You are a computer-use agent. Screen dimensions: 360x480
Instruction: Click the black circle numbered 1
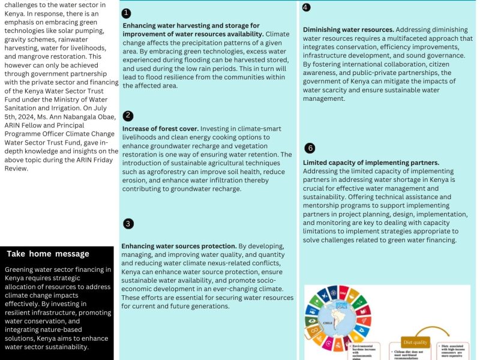pos(126,13)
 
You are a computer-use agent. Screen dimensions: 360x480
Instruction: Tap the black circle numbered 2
pos(127,116)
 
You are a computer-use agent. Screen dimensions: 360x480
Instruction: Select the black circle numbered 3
pos(128,224)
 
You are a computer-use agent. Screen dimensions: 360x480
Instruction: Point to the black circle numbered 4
pos(306,7)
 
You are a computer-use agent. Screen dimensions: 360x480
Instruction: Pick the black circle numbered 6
pos(310,148)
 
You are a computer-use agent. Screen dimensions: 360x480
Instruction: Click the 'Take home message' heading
pos(48,254)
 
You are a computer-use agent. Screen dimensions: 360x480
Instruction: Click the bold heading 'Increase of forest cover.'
pos(160,129)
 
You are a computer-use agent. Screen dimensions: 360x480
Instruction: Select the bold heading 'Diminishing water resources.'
pos(349,29)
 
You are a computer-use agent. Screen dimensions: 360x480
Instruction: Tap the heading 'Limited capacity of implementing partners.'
pos(371,163)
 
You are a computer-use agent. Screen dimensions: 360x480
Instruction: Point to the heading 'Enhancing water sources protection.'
pos(179,247)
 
